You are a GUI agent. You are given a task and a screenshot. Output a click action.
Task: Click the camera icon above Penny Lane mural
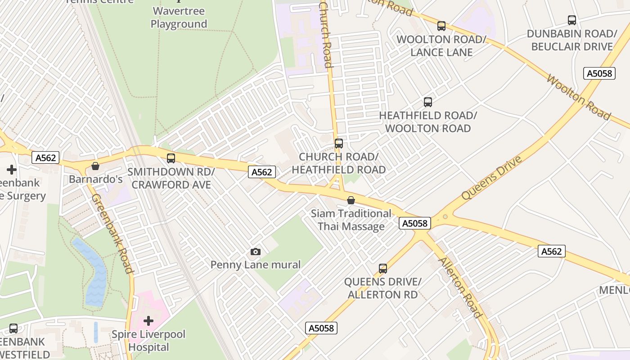(255, 252)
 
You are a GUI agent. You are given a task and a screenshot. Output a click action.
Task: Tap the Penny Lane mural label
(255, 265)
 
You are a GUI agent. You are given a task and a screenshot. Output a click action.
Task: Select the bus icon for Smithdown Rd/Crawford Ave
(171, 158)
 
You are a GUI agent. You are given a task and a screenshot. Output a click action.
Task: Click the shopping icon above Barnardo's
(95, 166)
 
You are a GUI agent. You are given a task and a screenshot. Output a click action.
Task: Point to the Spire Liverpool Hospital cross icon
(148, 321)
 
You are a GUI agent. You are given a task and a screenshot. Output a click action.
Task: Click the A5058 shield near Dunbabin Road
(599, 73)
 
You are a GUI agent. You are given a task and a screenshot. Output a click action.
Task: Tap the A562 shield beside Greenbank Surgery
(45, 157)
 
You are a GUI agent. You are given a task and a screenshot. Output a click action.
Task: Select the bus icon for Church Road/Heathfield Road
(339, 144)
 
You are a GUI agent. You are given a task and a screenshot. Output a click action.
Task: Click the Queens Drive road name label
(492, 178)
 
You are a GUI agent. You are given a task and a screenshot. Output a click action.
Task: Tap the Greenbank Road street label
(112, 234)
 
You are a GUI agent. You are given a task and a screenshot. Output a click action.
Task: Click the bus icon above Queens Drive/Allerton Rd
(382, 269)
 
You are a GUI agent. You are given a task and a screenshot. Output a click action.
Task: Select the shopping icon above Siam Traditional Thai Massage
(351, 200)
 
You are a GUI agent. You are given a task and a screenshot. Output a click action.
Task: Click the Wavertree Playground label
(179, 18)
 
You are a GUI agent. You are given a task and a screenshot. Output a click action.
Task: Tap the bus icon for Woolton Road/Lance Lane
(441, 26)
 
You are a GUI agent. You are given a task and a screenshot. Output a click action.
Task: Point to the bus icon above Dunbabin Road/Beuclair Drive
(571, 20)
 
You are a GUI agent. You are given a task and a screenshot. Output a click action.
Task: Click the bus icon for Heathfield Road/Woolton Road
(427, 102)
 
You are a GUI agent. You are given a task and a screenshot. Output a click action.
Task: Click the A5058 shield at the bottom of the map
(321, 328)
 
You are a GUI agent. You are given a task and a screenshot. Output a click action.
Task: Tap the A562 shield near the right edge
(551, 251)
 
